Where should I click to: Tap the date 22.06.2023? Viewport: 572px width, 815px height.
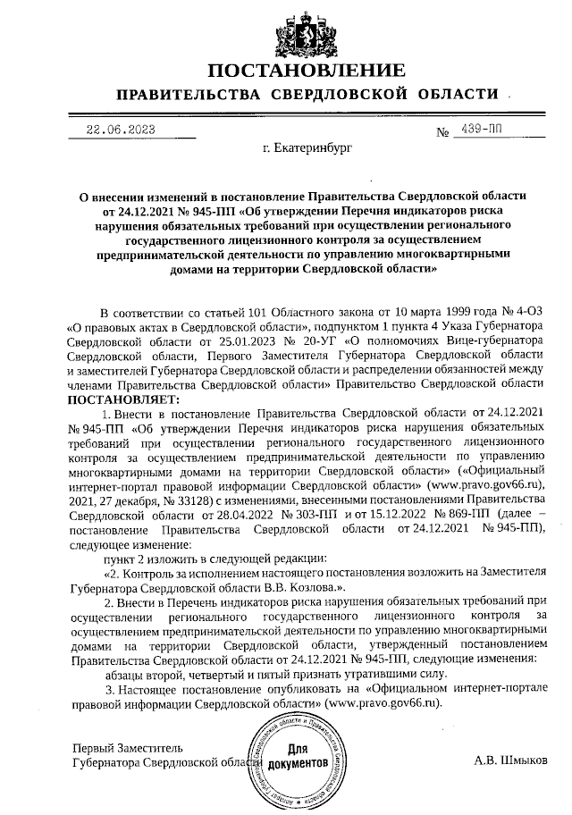click(120, 130)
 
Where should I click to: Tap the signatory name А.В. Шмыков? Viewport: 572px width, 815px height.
click(509, 761)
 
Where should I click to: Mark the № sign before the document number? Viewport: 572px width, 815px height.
click(442, 133)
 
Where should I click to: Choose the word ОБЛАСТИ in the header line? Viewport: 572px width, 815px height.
click(452, 95)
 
